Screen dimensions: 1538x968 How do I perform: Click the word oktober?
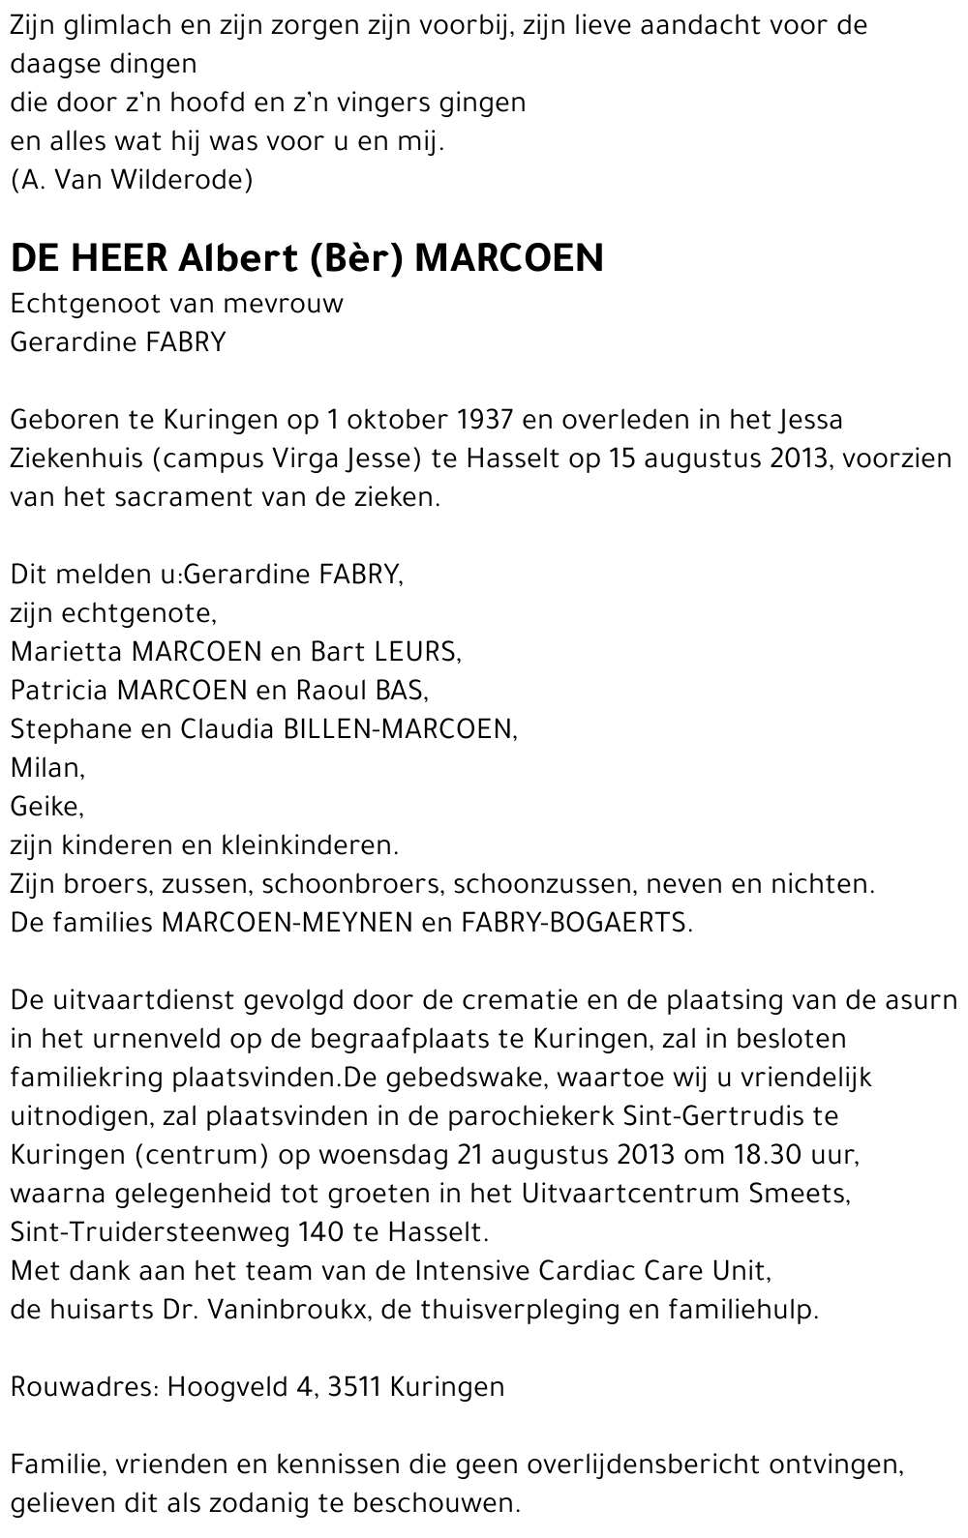point(395,420)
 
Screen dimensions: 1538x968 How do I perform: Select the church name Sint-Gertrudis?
point(697,1116)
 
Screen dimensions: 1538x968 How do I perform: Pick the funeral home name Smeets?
point(799,1194)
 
